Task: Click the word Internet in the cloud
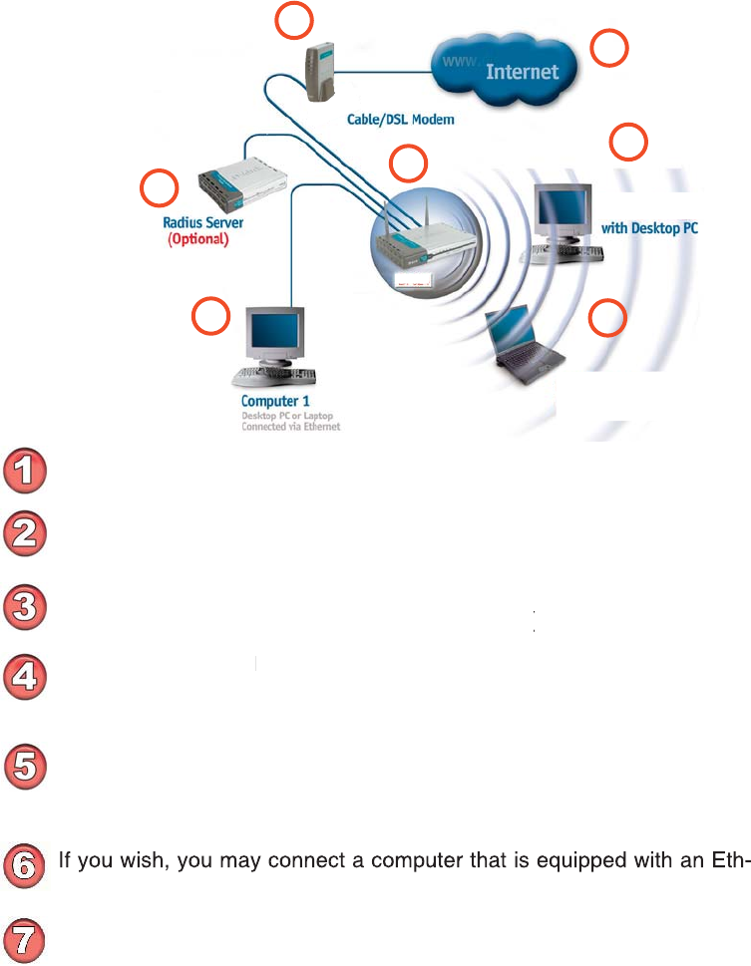point(522,72)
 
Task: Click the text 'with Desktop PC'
point(649,228)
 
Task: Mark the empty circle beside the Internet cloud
point(610,48)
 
